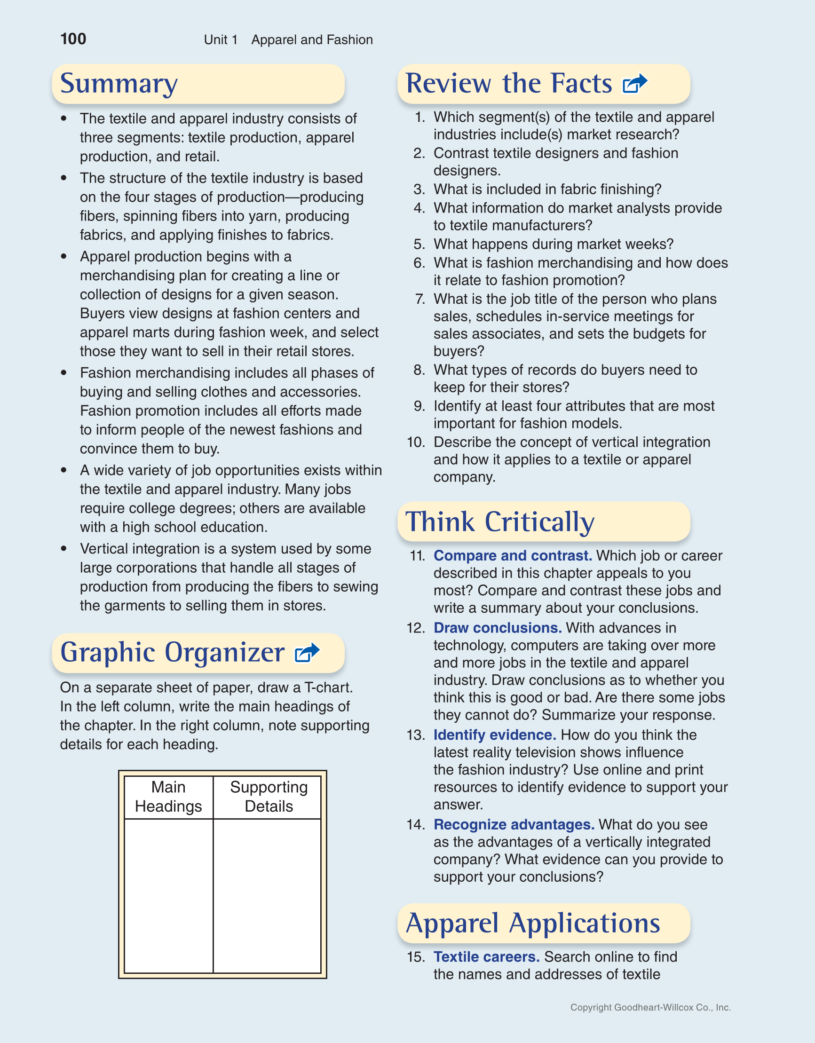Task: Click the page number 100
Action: coord(73,39)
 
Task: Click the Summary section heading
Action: coord(119,84)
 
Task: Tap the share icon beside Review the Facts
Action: coord(635,84)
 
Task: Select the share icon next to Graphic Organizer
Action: coord(307,653)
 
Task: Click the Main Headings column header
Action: coord(168,797)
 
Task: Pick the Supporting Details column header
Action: coord(269,797)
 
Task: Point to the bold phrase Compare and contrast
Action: coord(513,555)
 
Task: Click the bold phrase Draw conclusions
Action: coord(497,627)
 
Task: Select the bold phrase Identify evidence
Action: coord(494,735)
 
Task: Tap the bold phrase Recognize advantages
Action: coord(514,824)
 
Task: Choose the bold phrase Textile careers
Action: coord(486,956)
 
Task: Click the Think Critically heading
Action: coord(500,521)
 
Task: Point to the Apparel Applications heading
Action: coord(533,923)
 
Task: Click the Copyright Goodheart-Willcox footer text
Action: coord(650,1007)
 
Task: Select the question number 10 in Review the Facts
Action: coord(416,442)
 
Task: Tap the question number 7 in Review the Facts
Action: coord(420,299)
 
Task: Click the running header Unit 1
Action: coord(221,40)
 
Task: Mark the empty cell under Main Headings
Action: coord(168,895)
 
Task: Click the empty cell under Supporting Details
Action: coord(267,895)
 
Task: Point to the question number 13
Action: coord(416,735)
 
